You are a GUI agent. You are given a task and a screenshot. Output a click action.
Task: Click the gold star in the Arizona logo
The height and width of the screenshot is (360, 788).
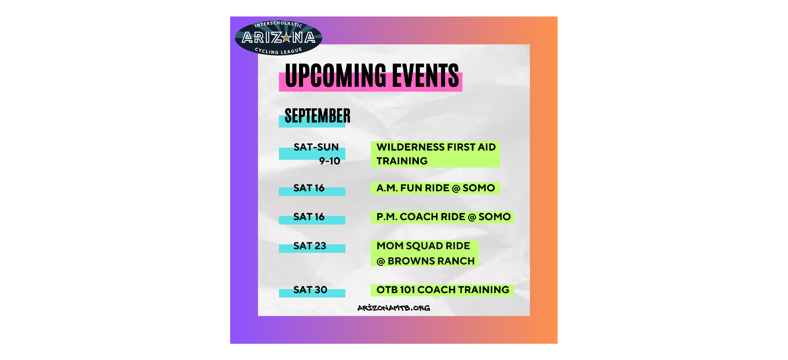tap(286, 38)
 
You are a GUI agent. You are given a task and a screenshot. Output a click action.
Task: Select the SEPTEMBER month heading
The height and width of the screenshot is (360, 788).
tap(317, 116)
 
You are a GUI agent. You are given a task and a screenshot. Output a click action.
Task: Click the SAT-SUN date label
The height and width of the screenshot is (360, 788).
tap(316, 147)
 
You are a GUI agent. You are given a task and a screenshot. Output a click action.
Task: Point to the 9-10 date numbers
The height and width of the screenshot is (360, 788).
tap(329, 161)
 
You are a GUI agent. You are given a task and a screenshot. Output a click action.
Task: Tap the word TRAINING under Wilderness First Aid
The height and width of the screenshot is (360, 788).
tap(402, 161)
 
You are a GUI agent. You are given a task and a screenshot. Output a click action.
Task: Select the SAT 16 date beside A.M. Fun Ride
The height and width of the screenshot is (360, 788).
tap(309, 188)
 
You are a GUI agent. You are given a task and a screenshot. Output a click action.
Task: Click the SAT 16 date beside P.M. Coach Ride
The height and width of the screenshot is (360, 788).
tap(309, 216)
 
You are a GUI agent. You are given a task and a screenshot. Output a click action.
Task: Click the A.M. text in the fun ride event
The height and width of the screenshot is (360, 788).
tap(387, 188)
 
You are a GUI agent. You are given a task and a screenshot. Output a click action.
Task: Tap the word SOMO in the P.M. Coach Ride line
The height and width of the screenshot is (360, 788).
tap(495, 216)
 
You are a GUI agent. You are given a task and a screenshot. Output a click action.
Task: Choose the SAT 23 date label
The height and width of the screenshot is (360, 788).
tap(309, 246)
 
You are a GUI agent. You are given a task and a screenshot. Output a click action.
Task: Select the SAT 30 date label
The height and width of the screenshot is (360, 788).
tap(310, 290)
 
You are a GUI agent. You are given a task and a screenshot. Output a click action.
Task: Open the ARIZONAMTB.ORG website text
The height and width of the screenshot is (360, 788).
tap(394, 308)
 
